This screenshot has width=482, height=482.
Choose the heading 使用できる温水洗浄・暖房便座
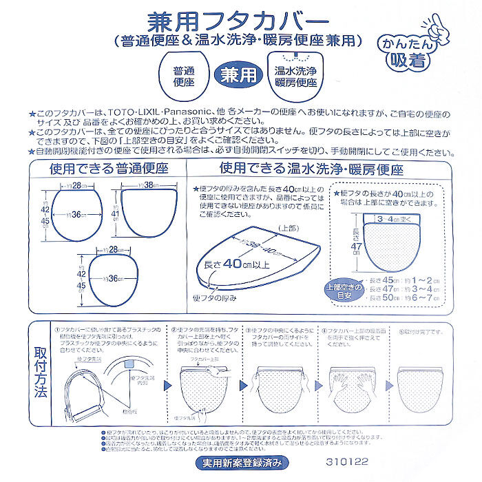311,169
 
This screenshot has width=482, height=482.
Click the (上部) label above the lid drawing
288,227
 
